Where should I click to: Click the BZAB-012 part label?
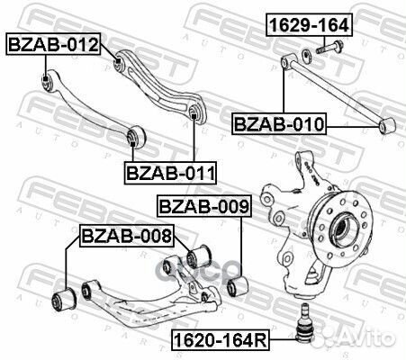pyautogui.click(x=53, y=42)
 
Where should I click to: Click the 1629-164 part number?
pyautogui.click(x=307, y=25)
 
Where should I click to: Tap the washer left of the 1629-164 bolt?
pyautogui.click(x=309, y=56)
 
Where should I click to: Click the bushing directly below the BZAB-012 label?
pyautogui.click(x=46, y=84)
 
